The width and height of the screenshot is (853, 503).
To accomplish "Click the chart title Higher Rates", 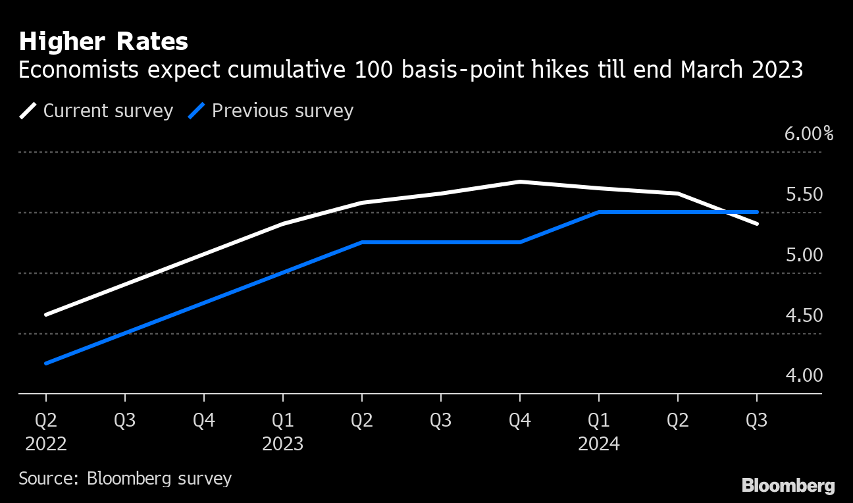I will tap(103, 42).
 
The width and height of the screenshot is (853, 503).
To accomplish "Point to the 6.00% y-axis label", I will tap(808, 134).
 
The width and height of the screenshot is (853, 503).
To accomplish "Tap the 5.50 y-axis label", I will tap(804, 195).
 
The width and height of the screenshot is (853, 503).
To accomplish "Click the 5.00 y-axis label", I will tap(804, 255).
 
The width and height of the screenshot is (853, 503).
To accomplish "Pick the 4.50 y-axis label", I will tap(804, 316).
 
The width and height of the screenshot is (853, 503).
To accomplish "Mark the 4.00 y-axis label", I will tap(804, 376).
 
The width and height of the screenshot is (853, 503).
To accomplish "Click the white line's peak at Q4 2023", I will tap(520, 182).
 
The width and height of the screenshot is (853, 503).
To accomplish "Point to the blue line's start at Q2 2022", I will tap(46, 363).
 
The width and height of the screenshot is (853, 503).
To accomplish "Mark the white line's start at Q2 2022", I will tap(46, 315).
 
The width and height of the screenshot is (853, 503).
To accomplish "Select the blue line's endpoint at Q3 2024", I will tap(757, 212).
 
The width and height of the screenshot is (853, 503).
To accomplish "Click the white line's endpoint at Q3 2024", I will tap(757, 224).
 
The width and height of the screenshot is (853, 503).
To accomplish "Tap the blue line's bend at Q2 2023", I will tap(362, 242).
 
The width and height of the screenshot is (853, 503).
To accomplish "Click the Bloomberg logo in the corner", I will tap(788, 486).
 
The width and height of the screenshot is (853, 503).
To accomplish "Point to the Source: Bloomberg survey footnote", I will tap(125, 478).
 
